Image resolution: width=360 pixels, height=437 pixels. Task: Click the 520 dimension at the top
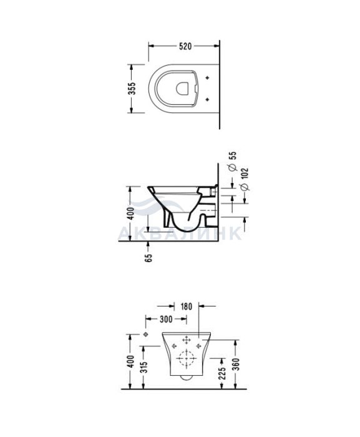(x=185, y=46)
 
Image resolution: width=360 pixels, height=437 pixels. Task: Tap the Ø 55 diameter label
(x=233, y=161)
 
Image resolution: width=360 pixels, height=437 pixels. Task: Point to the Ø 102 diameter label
(x=244, y=179)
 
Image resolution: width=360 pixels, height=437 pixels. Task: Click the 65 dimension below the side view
(x=148, y=257)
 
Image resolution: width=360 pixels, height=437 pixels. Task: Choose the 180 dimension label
(x=186, y=307)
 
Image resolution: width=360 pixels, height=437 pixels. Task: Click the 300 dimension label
(x=166, y=319)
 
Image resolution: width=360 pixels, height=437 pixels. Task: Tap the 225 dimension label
(x=221, y=373)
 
